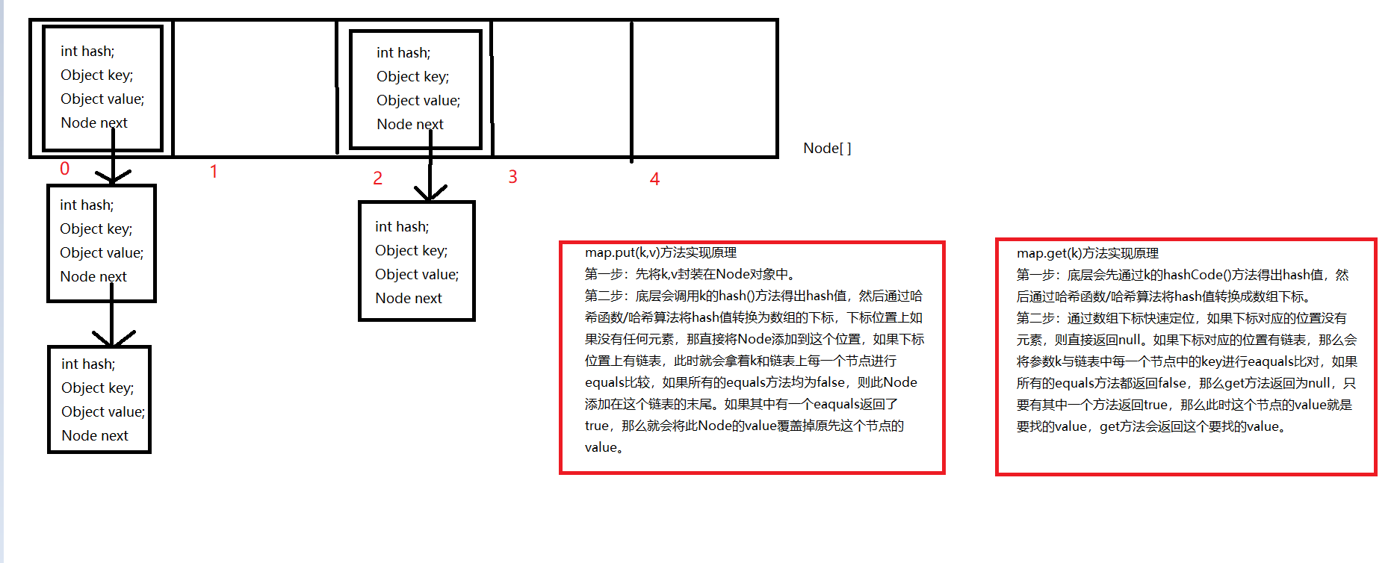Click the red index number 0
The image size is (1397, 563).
pos(65,169)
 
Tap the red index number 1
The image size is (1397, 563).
pos(214,172)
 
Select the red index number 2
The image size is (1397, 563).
pos(377,178)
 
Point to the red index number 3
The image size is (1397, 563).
pos(512,177)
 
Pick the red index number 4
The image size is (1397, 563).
pos(654,179)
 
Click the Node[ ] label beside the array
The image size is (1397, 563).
pos(827,148)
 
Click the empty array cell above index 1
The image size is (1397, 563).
pos(255,88)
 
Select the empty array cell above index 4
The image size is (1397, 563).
pos(704,88)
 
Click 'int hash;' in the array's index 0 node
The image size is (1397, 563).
pos(87,51)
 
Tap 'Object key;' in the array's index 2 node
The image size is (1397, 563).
pos(412,76)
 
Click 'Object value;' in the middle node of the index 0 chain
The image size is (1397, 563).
pos(102,252)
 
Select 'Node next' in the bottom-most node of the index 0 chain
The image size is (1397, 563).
pos(95,435)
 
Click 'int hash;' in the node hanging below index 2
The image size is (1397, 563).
pos(402,226)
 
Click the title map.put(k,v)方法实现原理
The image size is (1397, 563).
pos(660,252)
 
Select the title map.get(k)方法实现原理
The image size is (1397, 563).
pos(1087,253)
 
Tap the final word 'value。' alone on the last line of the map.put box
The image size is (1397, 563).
pos(604,447)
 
